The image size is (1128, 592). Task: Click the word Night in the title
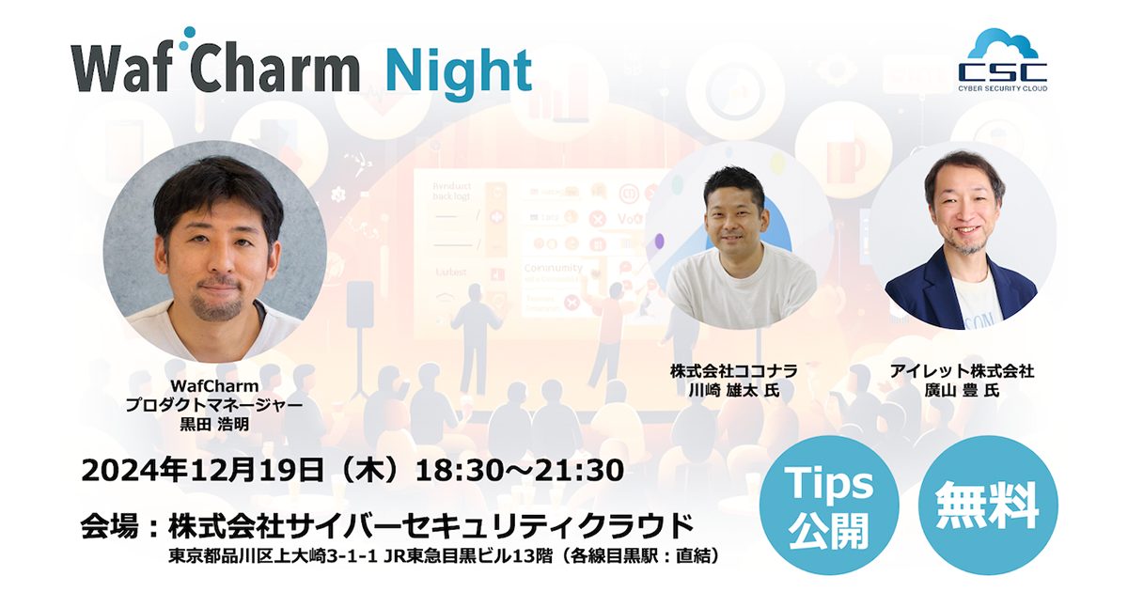(459, 69)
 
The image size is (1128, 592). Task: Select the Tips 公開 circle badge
(829, 506)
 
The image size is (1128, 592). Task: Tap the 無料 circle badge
(987, 506)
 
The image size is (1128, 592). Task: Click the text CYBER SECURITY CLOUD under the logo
(1002, 87)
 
